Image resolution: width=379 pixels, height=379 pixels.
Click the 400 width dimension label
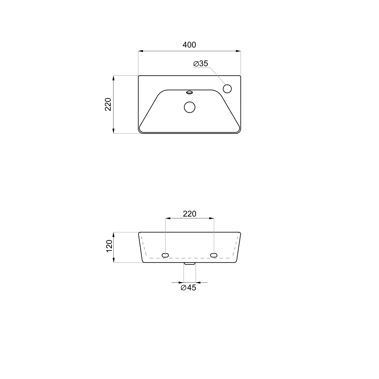pos(189,45)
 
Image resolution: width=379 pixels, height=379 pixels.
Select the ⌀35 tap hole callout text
pos(201,63)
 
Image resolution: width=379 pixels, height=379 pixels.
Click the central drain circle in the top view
pos(190,107)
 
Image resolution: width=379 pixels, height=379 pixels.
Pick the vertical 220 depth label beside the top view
pos(108,104)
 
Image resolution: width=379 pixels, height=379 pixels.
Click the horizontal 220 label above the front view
pos(189,214)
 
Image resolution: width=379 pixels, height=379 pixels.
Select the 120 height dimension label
pos(109,246)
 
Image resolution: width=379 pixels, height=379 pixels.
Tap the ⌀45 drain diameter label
pos(188,288)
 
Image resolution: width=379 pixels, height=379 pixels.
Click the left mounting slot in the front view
pos(165,255)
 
